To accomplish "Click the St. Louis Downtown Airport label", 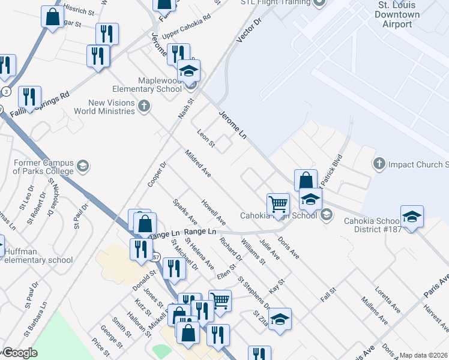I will click(394, 14).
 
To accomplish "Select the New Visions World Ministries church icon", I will click(143, 107).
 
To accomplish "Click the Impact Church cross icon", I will click(379, 163).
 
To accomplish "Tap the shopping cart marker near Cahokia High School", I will click(278, 204).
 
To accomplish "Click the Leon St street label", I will click(206, 137).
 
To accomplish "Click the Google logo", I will click(20, 353).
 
